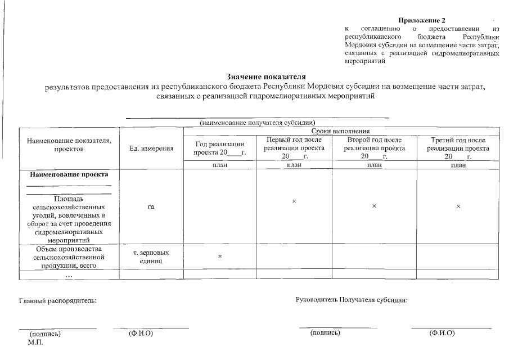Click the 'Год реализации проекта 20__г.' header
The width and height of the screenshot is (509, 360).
(x=220, y=148)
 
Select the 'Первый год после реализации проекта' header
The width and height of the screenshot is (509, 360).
(x=294, y=148)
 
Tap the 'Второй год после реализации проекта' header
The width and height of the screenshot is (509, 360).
(x=374, y=148)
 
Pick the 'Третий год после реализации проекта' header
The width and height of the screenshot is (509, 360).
(x=458, y=148)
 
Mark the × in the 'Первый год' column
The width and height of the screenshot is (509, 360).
(x=294, y=201)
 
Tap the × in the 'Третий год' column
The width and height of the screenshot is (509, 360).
(x=458, y=206)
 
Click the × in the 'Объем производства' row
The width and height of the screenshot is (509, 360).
(x=220, y=256)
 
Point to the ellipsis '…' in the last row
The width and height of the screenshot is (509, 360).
(x=69, y=275)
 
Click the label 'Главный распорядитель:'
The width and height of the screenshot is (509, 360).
(x=58, y=300)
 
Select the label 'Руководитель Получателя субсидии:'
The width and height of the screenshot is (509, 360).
(x=351, y=299)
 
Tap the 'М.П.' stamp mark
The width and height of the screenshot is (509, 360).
(x=35, y=342)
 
